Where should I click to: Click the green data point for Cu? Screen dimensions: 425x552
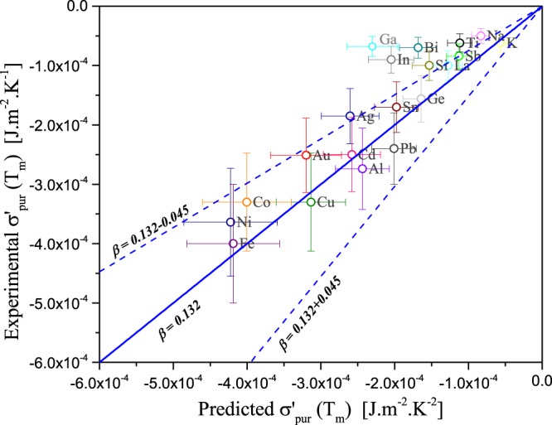[311, 202]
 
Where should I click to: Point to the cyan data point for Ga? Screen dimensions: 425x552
[372, 46]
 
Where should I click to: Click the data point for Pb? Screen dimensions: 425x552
[394, 148]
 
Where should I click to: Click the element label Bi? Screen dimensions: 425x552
[431, 47]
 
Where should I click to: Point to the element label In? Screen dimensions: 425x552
[404, 60]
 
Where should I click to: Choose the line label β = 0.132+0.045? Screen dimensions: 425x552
[304, 326]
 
